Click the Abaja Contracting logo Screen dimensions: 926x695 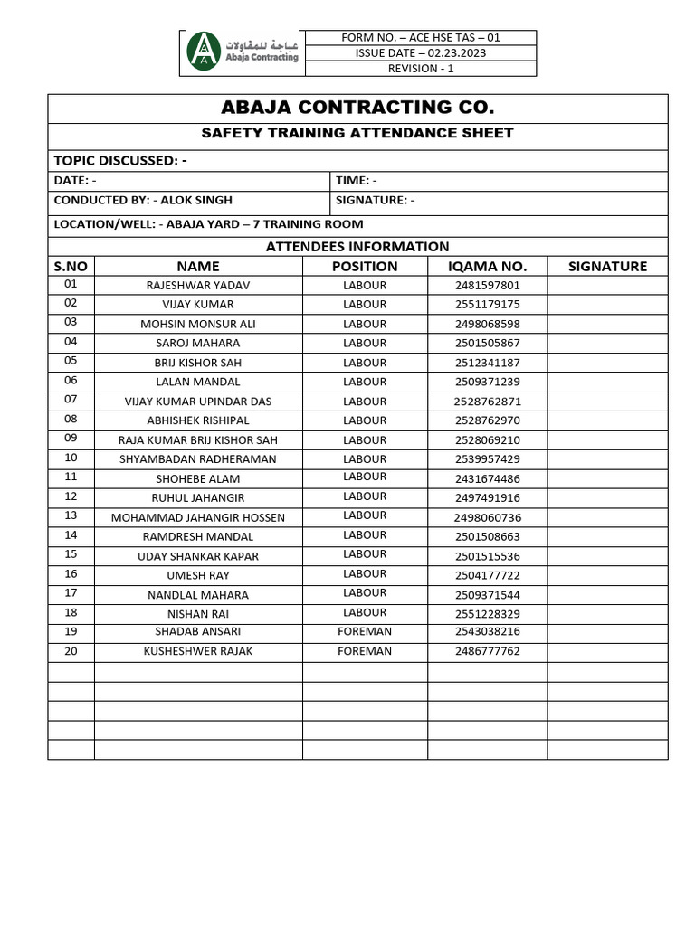coord(242,52)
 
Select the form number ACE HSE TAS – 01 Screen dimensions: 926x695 coord(420,38)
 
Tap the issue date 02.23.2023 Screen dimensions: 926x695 coord(420,53)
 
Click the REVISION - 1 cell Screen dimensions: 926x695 coord(420,69)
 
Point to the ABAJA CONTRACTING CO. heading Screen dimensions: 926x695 coord(357,108)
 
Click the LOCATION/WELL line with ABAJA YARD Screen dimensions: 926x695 coord(208,224)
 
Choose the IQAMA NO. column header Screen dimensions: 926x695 coord(487,266)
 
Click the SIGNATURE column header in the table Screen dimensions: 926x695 coord(607,266)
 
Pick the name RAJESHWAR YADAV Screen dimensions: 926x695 coord(198,286)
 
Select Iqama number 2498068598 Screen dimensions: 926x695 coord(487,324)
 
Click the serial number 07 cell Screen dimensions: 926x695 coord(71,400)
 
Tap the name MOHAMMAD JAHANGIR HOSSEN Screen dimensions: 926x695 coord(198,517)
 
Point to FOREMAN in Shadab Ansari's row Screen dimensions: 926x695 coord(365,632)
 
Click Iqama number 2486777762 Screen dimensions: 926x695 coord(487,651)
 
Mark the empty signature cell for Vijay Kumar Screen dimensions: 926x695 coord(607,305)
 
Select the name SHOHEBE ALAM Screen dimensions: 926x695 coord(198,478)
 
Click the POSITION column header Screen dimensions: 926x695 coord(365,266)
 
